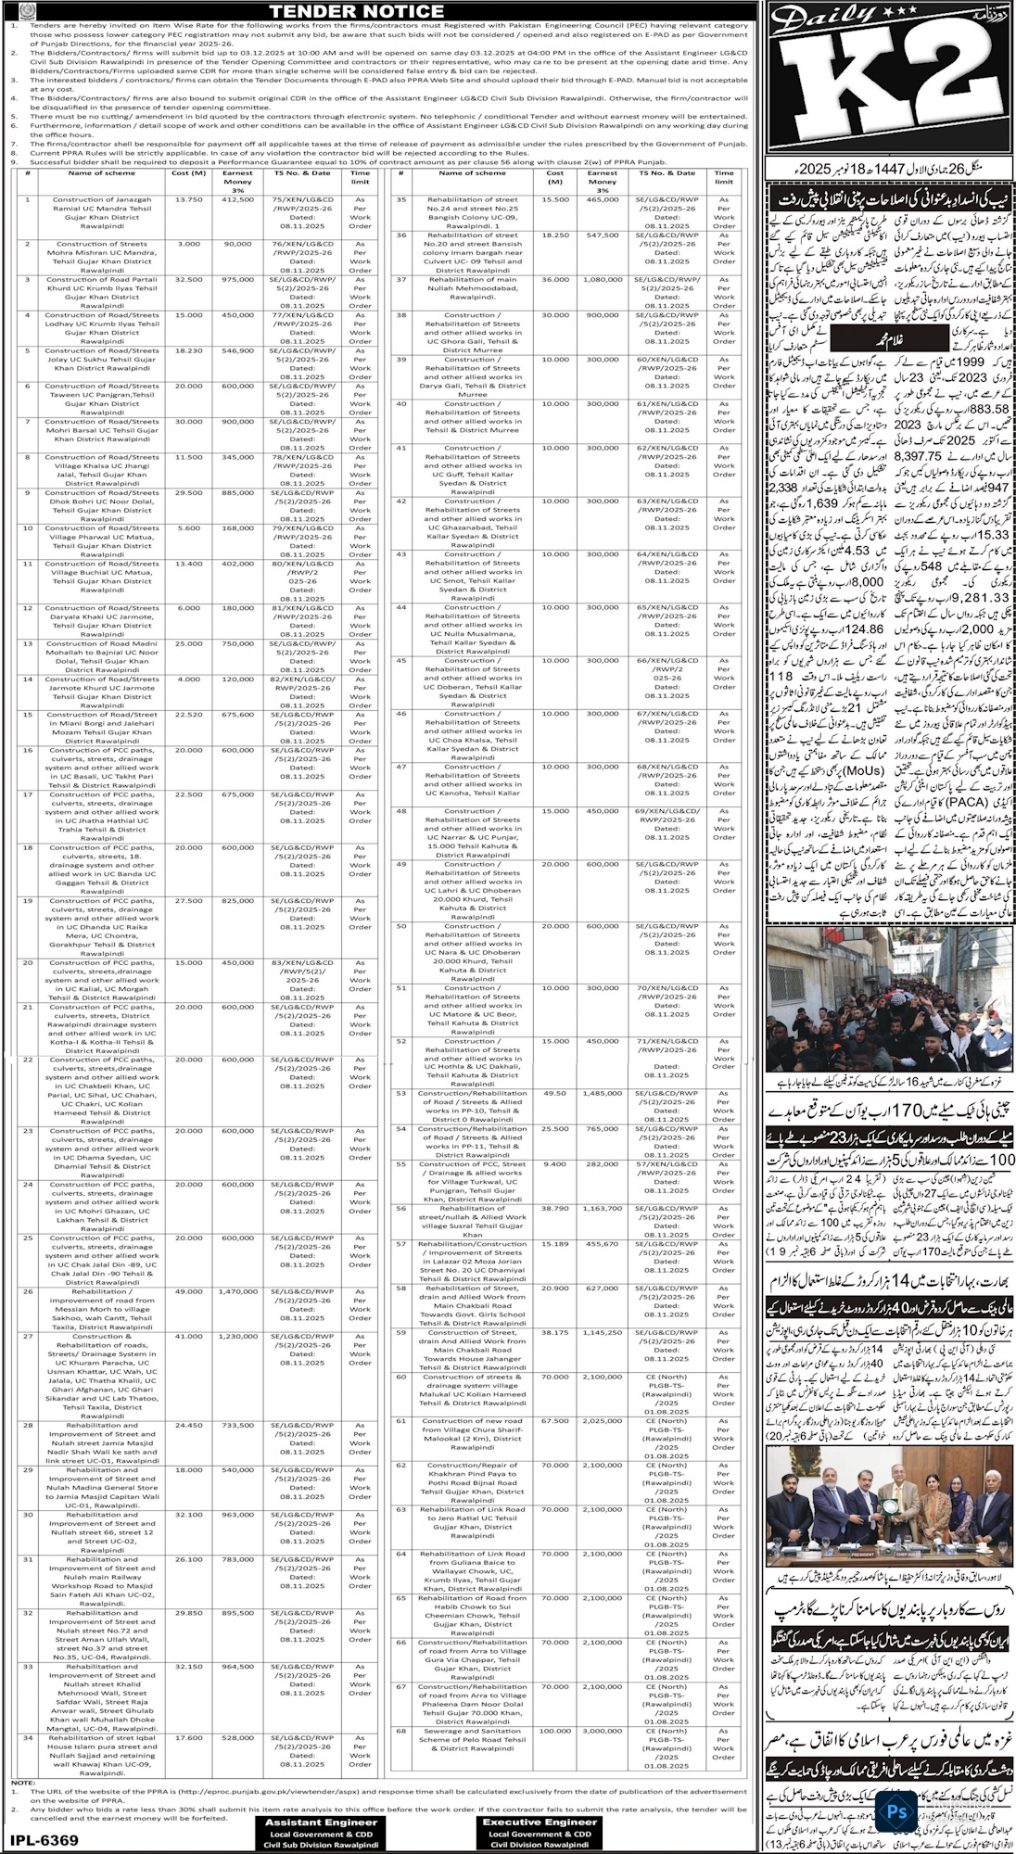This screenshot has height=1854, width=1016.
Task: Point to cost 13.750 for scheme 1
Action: (x=189, y=199)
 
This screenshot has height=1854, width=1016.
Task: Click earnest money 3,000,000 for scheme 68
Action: (x=602, y=1731)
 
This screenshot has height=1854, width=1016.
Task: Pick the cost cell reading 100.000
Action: (x=555, y=1731)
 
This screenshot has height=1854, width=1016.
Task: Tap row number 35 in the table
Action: (x=401, y=199)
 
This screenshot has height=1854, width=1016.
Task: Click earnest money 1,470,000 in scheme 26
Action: (x=237, y=1291)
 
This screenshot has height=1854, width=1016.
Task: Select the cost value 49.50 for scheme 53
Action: (x=555, y=1093)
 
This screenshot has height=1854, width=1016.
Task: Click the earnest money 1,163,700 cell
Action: (x=602, y=1208)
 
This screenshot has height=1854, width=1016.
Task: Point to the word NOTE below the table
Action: (x=22, y=1783)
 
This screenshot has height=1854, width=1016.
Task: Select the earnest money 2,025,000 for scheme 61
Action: (x=602, y=1420)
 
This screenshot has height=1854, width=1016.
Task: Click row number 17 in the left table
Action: (x=28, y=794)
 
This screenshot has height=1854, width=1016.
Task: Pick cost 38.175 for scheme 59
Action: (x=555, y=1332)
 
